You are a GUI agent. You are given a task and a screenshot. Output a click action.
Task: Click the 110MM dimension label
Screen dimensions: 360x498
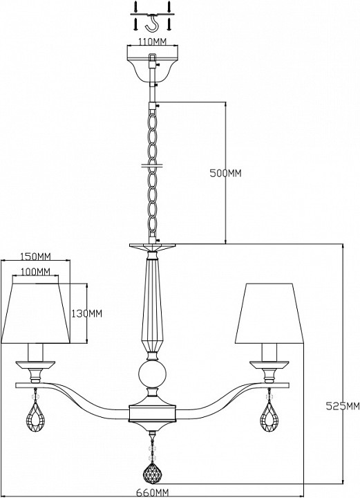pos(152,41)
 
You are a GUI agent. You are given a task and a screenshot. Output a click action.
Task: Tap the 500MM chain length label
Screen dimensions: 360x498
pos(225,174)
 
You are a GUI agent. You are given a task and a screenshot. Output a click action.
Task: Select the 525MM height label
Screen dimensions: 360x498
pos(343,406)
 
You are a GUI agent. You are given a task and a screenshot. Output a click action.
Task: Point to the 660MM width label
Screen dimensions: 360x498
pos(153,493)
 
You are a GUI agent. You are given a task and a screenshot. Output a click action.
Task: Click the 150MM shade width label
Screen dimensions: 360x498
pos(35,257)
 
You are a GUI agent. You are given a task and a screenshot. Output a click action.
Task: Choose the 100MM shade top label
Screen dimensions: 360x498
pos(35,272)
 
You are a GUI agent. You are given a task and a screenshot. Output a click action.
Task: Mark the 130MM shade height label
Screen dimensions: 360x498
pos(86,314)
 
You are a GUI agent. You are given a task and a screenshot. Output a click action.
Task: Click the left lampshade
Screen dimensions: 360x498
pos(35,313)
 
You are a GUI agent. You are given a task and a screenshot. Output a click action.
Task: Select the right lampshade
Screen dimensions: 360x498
pos(269,313)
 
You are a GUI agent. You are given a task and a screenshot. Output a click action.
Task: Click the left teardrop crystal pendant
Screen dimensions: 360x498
pos(36,418)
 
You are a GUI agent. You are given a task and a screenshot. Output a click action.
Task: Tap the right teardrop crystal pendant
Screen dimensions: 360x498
pos(269,418)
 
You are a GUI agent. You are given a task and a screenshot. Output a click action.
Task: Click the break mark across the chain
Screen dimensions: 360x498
pos(152,165)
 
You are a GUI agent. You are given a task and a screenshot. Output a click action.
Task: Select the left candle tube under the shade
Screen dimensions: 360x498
pos(35,352)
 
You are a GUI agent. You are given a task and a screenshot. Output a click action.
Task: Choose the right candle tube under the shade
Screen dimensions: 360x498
pos(269,352)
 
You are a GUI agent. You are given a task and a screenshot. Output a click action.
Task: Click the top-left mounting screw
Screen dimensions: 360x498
pos(135,6)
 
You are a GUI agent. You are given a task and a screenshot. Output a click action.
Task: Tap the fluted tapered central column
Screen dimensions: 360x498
pos(152,306)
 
